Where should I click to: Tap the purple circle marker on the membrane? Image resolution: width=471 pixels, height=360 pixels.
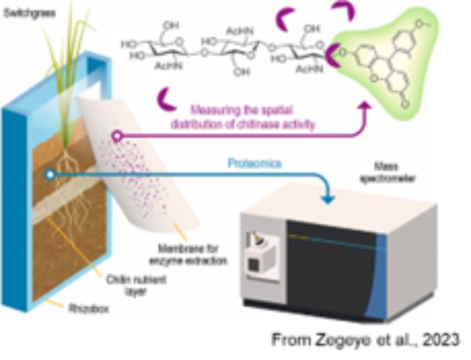[116, 135]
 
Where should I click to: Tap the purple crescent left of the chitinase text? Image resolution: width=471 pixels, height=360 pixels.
[167, 99]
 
